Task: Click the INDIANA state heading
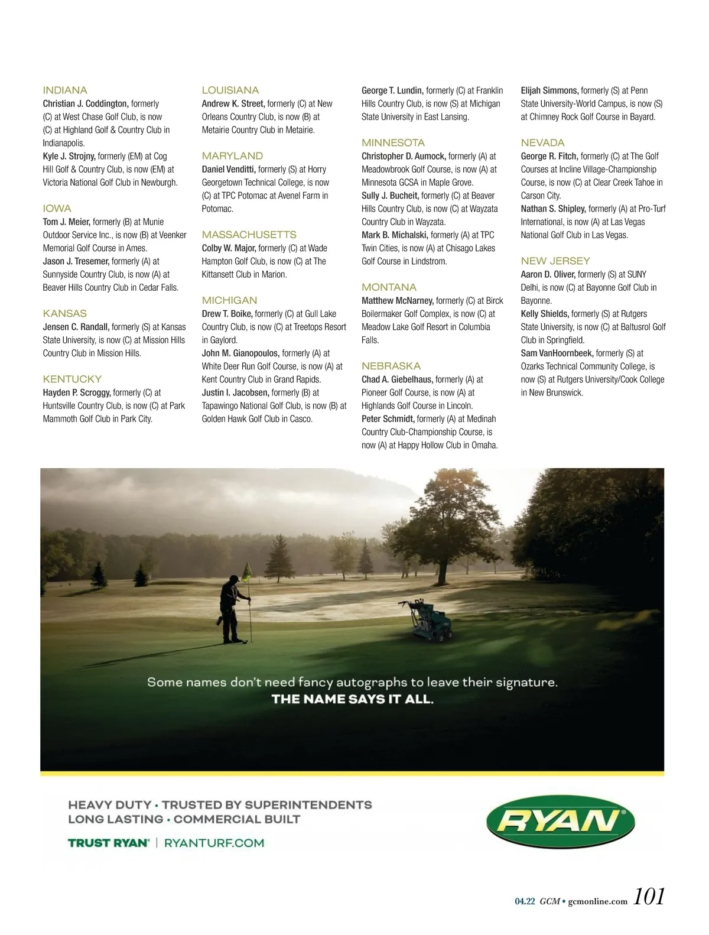pos(65,90)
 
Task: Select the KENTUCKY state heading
pos(72,379)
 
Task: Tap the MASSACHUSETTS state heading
pos(249,235)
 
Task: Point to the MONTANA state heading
pos(389,287)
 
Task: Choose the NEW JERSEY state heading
pos(555,261)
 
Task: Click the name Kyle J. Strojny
pos(69,157)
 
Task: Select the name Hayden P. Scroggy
pos(77,392)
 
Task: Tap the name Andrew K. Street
pos(233,104)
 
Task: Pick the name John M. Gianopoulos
pos(240,353)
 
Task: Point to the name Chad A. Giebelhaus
pos(397,379)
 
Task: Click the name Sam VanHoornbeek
pos(557,353)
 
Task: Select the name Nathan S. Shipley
pos(553,209)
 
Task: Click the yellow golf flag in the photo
pos(247,570)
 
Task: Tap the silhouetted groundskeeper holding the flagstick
pos(232,609)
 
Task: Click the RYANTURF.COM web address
pos(214,843)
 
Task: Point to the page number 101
pos(649,897)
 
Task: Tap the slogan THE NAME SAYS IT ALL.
pos(353,699)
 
